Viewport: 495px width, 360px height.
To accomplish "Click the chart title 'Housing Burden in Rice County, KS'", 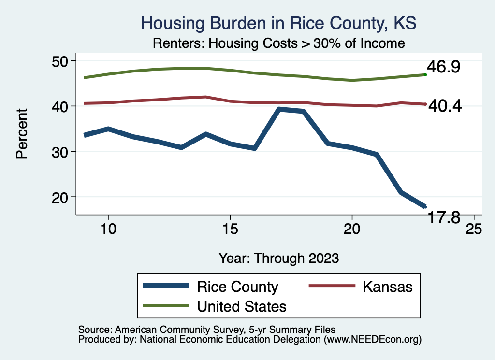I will (x=278, y=23).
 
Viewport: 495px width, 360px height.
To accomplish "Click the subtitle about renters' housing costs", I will (x=278, y=43).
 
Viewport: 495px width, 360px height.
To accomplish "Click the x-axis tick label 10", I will (x=108, y=229).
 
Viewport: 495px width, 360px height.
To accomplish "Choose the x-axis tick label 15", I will (x=230, y=229).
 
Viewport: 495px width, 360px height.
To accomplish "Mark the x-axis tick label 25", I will (x=473, y=229).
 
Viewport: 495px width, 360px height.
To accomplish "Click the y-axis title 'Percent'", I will (x=21, y=140).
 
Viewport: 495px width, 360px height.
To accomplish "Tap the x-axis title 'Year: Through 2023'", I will (x=278, y=258).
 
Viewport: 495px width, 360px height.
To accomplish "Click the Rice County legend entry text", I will (x=237, y=287).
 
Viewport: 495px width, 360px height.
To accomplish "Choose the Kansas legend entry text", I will (x=388, y=287).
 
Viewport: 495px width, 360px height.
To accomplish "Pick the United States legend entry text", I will (x=242, y=306).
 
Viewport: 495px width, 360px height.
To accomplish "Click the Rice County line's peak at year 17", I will (x=279, y=109).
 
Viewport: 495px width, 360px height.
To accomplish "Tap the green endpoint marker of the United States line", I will (x=425, y=74).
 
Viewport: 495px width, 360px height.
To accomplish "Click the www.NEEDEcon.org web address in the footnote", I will (x=372, y=340).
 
